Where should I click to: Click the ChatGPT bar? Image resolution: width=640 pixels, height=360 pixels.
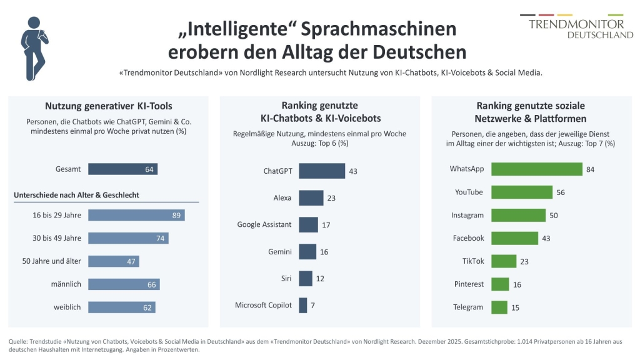coord(322,171)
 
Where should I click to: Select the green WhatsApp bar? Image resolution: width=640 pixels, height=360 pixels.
coord(537,169)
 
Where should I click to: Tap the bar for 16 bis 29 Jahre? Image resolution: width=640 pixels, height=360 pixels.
coord(136,215)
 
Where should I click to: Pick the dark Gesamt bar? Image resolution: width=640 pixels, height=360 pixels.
coord(123,169)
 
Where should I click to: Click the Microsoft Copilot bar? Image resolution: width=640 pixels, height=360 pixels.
coord(303,305)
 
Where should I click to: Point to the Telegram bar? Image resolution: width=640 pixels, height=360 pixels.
coord(499,307)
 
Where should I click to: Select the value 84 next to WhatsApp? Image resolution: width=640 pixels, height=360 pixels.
coord(590,169)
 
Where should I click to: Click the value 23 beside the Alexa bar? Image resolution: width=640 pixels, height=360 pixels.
coord(331,198)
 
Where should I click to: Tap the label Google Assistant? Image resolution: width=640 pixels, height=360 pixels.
coord(264,224)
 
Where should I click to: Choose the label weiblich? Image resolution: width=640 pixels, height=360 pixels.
coord(67,307)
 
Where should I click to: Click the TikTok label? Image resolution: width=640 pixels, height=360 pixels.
coord(473,261)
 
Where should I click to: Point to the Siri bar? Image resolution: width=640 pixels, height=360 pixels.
coord(305,278)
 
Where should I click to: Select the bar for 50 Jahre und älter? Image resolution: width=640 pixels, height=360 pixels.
coord(114,261)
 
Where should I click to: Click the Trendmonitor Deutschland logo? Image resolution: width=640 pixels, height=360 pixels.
coord(577,26)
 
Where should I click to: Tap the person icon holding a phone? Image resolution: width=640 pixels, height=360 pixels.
coord(34,48)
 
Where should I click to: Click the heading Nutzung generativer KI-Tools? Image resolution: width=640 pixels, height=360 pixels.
coord(109,106)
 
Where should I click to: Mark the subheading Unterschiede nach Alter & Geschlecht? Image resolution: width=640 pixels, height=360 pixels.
coord(76,195)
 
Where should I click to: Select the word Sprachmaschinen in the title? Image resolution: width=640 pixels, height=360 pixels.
coord(378,29)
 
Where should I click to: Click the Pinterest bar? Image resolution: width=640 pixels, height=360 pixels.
coord(500,284)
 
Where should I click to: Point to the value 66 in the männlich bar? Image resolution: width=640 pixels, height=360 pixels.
coord(152,284)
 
